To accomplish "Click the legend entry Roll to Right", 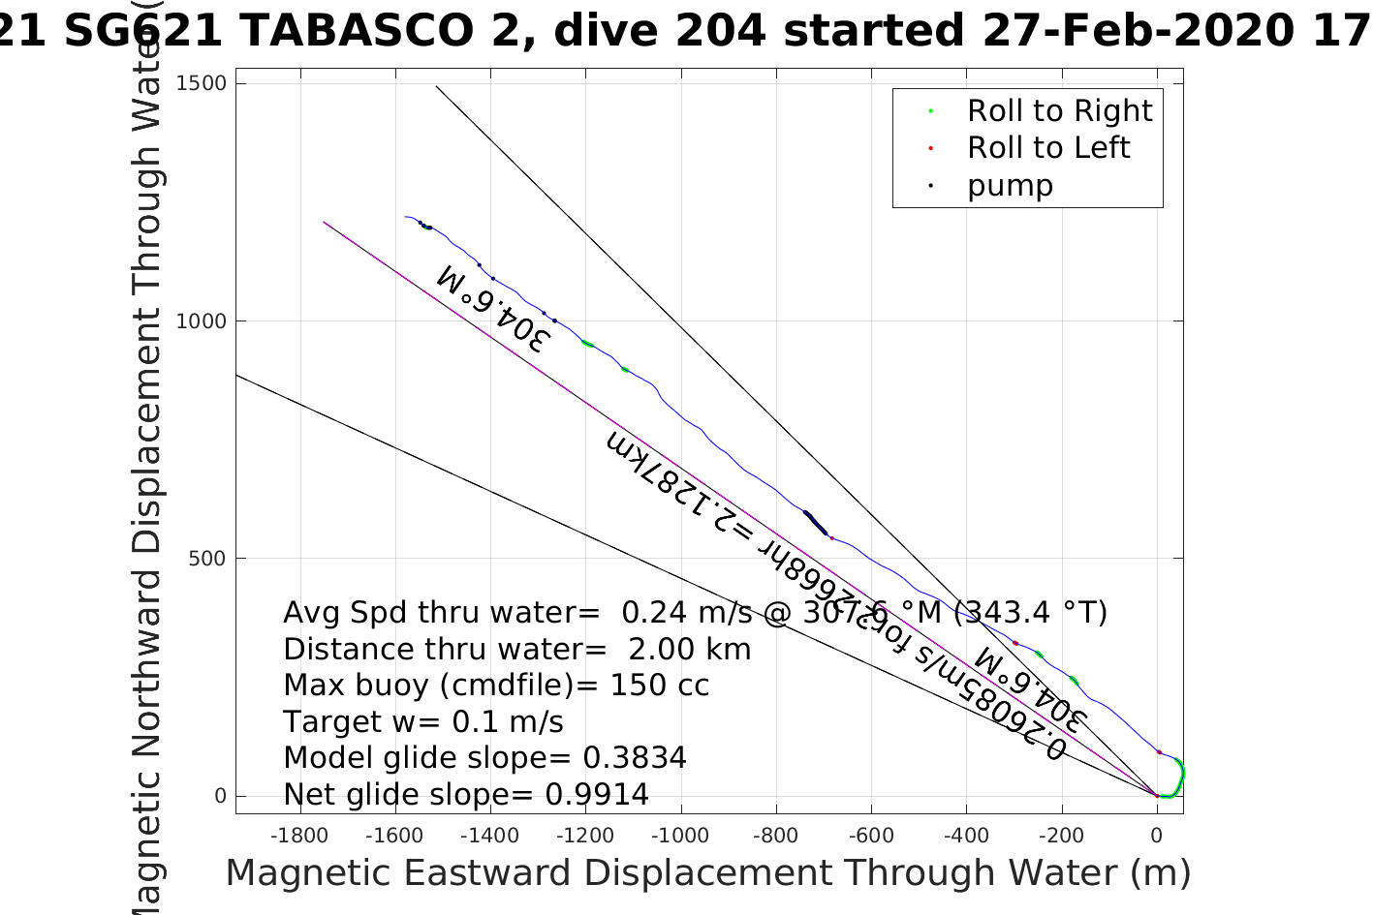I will click(x=1059, y=111).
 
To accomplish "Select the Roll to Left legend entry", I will click(x=1047, y=148).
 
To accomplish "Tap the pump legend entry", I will click(x=1009, y=186).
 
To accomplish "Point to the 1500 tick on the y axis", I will click(x=202, y=83).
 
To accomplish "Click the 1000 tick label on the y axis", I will click(x=202, y=321).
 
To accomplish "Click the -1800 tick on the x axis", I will click(x=298, y=835).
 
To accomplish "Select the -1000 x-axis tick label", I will click(x=680, y=835).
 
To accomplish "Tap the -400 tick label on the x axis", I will click(x=966, y=835).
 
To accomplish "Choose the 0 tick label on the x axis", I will click(x=1157, y=835).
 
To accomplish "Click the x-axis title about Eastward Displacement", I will click(x=707, y=873).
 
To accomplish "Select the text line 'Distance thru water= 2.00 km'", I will click(x=516, y=650).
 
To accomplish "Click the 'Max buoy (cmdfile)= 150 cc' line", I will click(x=496, y=686).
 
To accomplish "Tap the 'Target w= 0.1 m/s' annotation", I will click(x=422, y=722).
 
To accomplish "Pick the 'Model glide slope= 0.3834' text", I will click(x=484, y=758).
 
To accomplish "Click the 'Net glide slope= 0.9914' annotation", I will click(x=465, y=795).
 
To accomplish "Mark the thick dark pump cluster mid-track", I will click(x=815, y=523).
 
